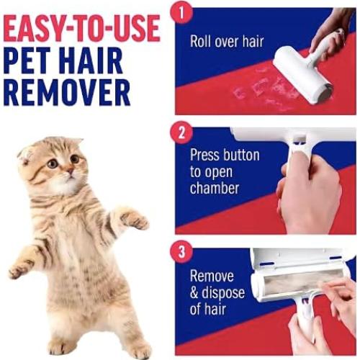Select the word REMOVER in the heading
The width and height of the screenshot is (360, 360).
click(66, 91)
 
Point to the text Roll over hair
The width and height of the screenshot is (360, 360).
click(228, 40)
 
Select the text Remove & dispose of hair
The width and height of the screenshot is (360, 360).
click(218, 292)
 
